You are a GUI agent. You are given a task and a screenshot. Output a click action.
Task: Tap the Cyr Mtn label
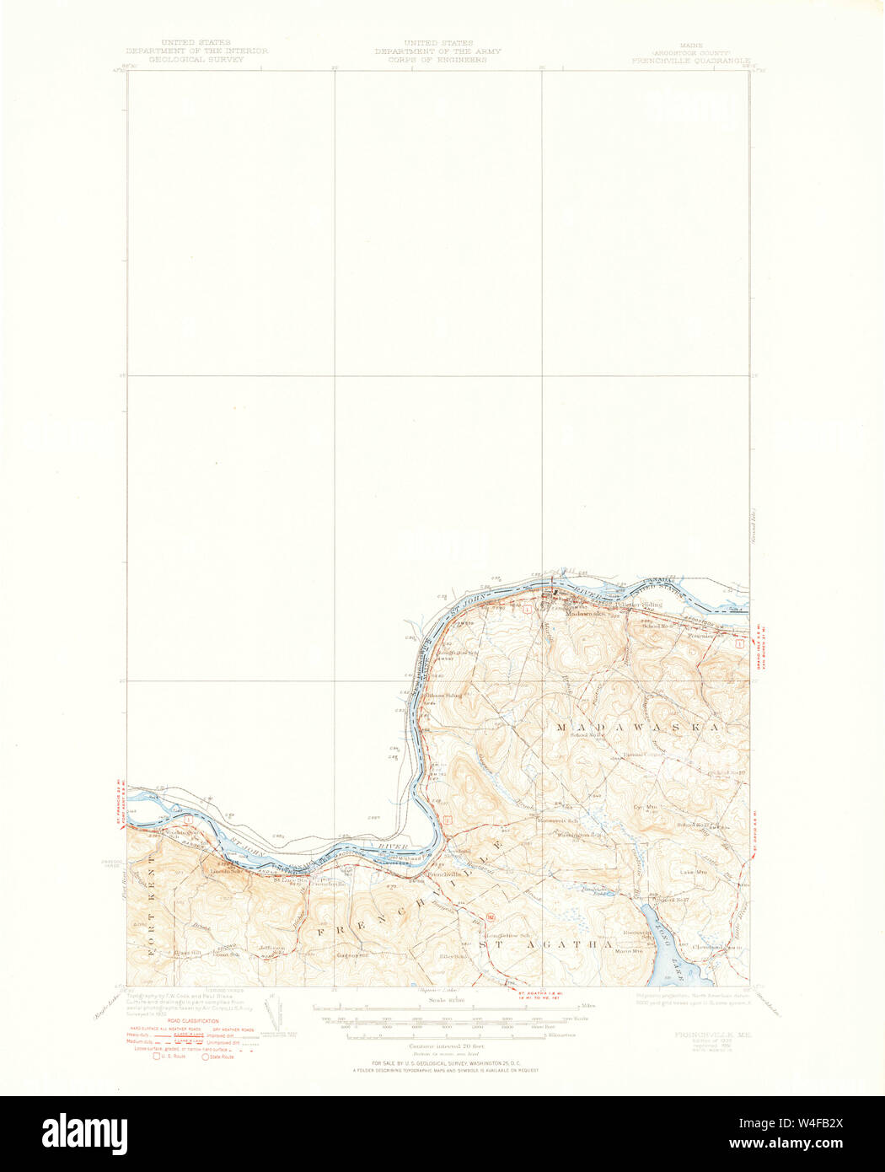tap(645, 807)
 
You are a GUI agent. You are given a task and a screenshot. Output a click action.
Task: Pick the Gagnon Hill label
tap(352, 955)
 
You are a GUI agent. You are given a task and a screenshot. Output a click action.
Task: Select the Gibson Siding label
tap(444, 696)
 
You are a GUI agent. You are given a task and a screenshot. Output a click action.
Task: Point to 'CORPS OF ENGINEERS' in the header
tap(437, 61)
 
